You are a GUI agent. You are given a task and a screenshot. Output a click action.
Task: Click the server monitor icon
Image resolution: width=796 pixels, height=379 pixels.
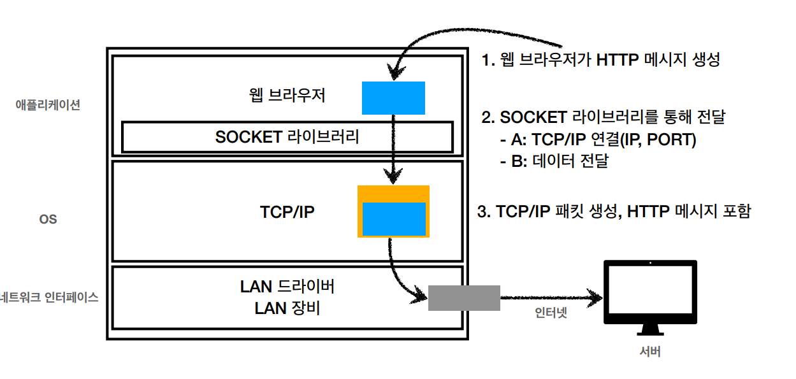(x=650, y=294)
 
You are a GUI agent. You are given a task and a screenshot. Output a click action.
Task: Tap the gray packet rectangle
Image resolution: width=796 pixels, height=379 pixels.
(x=463, y=297)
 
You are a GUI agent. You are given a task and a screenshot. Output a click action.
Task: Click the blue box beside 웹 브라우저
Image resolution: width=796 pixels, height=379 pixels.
(x=393, y=97)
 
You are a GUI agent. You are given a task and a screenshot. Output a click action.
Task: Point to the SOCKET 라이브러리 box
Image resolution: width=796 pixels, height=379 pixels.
(x=287, y=137)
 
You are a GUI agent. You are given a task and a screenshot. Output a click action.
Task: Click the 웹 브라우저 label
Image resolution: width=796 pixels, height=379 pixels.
(x=288, y=96)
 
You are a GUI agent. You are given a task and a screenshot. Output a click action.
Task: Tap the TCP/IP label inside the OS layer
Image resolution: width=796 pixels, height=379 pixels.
(x=287, y=212)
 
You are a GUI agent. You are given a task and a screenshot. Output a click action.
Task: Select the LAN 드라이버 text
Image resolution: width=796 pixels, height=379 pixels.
(x=287, y=287)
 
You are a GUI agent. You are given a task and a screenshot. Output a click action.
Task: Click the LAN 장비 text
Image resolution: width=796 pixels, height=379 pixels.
(x=287, y=308)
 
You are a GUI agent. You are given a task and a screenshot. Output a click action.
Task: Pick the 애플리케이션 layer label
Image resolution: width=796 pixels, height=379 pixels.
(x=48, y=105)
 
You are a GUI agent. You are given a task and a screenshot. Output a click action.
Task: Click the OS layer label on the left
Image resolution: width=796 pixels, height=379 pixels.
(x=48, y=219)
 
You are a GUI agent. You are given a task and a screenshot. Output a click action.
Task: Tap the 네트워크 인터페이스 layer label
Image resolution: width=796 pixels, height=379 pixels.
(x=50, y=297)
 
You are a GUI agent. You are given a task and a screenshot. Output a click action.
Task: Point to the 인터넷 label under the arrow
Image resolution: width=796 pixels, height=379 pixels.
(x=550, y=313)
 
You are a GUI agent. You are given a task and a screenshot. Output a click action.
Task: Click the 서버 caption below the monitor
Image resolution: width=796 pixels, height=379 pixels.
(x=650, y=351)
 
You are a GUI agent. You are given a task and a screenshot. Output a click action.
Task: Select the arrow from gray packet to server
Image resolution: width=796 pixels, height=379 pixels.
(x=551, y=297)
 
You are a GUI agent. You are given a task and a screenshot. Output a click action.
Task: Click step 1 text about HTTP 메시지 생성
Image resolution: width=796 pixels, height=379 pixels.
(x=601, y=61)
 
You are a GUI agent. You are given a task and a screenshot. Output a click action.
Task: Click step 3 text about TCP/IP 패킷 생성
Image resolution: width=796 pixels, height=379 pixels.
(x=614, y=211)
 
